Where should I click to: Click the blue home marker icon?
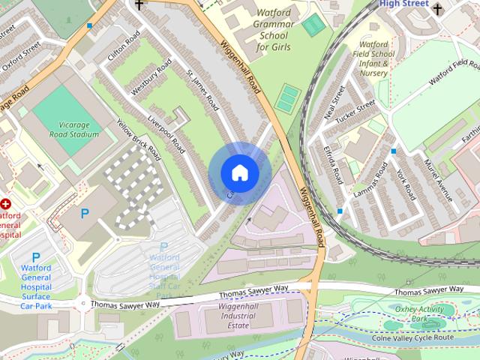click(x=239, y=173)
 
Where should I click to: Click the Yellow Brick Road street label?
click(x=139, y=139)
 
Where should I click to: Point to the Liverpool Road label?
click(x=166, y=136)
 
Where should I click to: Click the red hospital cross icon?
click(x=7, y=203)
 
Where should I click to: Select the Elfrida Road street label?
click(x=334, y=164)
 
